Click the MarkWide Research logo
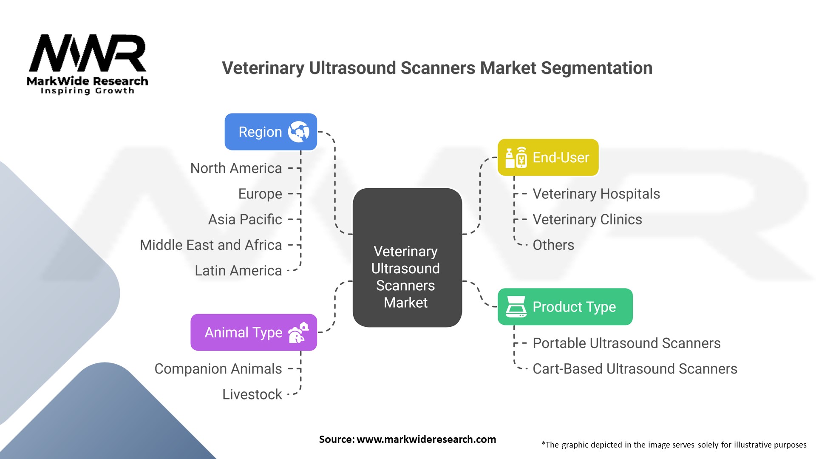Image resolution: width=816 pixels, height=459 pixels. (88, 64)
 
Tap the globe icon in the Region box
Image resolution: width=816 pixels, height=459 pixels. (298, 132)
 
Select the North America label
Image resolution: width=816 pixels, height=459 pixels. (236, 168)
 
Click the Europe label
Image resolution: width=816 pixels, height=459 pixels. (260, 194)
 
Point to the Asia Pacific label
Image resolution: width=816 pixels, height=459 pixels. (245, 219)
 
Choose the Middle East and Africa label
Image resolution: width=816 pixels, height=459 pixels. (211, 245)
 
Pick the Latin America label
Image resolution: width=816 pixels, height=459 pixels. (238, 271)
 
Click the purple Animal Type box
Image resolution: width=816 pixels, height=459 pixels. (253, 332)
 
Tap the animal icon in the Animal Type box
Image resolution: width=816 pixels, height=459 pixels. (298, 332)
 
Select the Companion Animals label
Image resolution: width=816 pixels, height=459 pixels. (218, 369)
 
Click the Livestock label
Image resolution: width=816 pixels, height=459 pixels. (252, 394)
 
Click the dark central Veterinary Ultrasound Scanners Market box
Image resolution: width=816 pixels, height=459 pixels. (407, 258)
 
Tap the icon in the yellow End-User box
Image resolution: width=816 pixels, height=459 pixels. (516, 157)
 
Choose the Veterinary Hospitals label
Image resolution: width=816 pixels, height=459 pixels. (596, 194)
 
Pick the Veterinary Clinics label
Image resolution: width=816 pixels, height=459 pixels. (587, 219)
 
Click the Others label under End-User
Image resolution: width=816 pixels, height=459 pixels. (553, 245)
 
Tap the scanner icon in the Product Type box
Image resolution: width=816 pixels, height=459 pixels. (516, 307)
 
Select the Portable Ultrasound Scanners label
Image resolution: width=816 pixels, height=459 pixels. (626, 343)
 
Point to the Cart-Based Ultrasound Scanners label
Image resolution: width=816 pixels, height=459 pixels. (635, 369)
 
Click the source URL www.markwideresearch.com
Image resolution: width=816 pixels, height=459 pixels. (426, 439)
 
